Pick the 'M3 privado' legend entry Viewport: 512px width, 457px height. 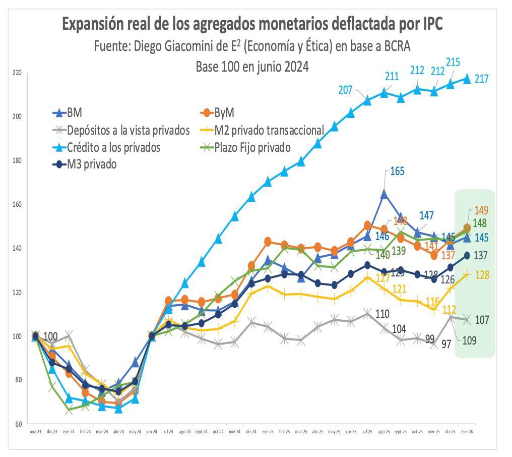click(92, 164)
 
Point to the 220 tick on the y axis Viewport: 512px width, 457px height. click(17, 73)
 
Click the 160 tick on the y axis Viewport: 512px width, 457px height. click(17, 205)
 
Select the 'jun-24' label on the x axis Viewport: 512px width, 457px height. click(151, 432)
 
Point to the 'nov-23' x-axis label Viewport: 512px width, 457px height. click(35, 432)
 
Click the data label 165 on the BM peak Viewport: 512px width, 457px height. click(398, 172)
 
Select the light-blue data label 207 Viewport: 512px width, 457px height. click(345, 90)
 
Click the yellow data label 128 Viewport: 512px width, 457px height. click(483, 275)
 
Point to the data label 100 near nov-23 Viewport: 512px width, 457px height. click(51, 336)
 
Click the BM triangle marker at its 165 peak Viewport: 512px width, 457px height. click(384, 194)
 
